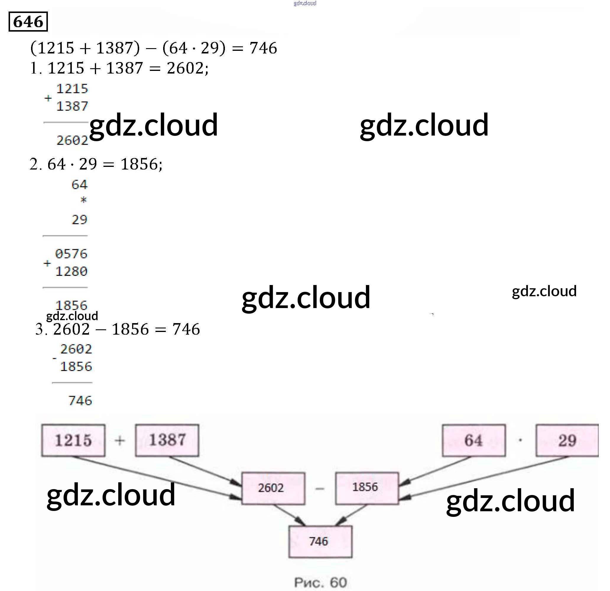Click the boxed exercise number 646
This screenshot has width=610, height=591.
click(x=28, y=22)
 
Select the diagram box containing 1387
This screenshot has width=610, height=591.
click(x=167, y=440)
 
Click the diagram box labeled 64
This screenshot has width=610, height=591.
click(x=474, y=440)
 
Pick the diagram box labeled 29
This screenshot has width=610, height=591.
click(x=567, y=440)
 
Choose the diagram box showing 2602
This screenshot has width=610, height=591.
click(x=273, y=488)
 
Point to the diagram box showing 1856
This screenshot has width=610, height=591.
click(x=367, y=487)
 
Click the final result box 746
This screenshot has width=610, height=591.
click(x=320, y=542)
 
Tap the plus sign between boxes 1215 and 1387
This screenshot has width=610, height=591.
click(x=120, y=440)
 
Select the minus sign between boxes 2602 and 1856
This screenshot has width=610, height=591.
click(x=320, y=489)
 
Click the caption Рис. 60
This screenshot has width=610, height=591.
click(x=320, y=582)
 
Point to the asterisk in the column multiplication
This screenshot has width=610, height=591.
click(x=83, y=200)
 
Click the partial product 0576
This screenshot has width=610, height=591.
click(x=71, y=254)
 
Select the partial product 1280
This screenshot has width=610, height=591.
click(x=71, y=271)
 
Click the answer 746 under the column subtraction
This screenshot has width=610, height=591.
click(x=80, y=400)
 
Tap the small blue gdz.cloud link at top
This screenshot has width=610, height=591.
click(x=305, y=3)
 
